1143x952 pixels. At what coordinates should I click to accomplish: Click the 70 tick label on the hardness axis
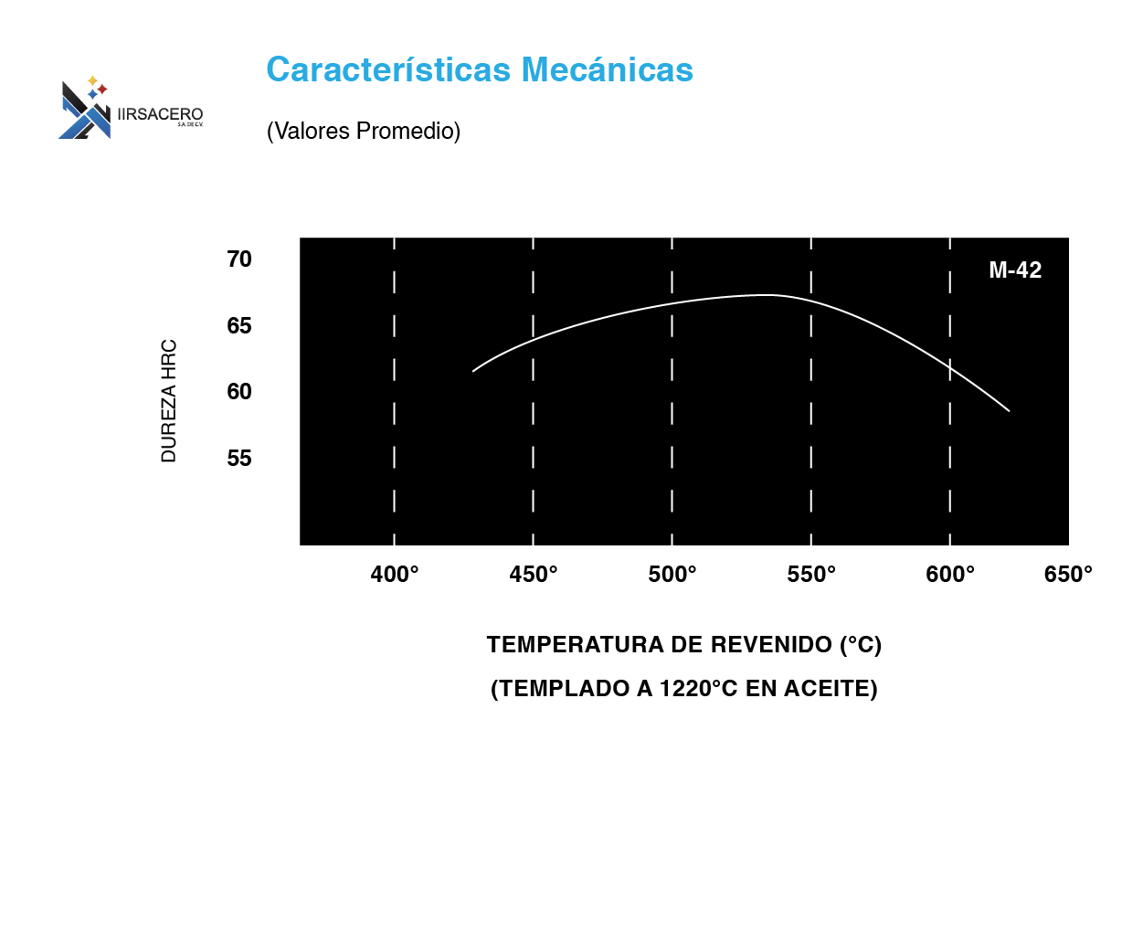pyautogui.click(x=239, y=259)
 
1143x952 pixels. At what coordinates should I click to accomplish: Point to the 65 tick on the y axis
pyautogui.click(x=239, y=326)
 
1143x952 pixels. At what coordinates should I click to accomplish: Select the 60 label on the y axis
pyautogui.click(x=239, y=391)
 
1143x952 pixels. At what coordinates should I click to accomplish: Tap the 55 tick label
pyautogui.click(x=239, y=459)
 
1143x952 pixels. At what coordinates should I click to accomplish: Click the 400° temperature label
pyautogui.click(x=394, y=575)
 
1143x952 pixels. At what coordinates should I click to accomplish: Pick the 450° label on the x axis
pyautogui.click(x=534, y=575)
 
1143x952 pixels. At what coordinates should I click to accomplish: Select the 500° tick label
pyautogui.click(x=672, y=575)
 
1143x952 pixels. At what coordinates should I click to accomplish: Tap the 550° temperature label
pyautogui.click(x=811, y=575)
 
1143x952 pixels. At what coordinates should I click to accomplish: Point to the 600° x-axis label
pyautogui.click(x=950, y=575)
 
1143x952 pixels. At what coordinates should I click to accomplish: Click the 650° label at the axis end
pyautogui.click(x=1068, y=575)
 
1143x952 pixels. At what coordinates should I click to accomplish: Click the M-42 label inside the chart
pyautogui.click(x=1015, y=270)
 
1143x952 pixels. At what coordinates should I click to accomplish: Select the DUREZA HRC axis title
pyautogui.click(x=169, y=401)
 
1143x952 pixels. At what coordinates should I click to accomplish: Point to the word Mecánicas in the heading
pyautogui.click(x=607, y=69)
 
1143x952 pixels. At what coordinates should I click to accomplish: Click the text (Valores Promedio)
pyautogui.click(x=364, y=131)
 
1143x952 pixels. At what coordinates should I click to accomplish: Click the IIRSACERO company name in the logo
pyautogui.click(x=160, y=114)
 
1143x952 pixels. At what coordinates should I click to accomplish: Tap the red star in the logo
pyautogui.click(x=102, y=89)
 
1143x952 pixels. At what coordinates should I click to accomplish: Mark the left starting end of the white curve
pyautogui.click(x=473, y=371)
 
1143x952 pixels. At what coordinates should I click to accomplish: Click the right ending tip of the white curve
pyautogui.click(x=1009, y=410)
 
